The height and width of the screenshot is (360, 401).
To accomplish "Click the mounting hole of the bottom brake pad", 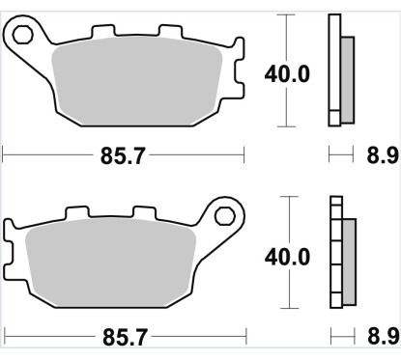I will click(226, 215).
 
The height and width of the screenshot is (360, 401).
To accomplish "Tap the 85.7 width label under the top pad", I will click(125, 153).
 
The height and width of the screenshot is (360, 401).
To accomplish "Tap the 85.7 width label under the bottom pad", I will click(125, 337).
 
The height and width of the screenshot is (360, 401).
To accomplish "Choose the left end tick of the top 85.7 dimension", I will click(5, 153).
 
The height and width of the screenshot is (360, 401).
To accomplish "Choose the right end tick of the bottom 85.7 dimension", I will click(246, 337).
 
